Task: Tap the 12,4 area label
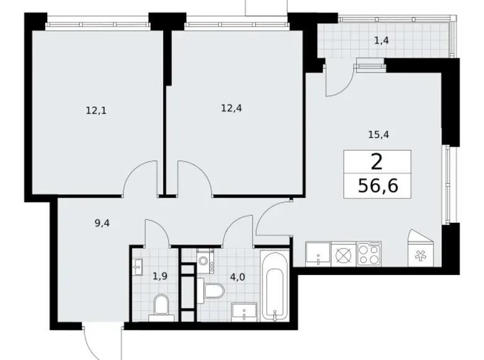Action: [x=231, y=107]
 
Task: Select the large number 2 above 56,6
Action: [x=376, y=162]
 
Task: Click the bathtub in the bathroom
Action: [x=274, y=286]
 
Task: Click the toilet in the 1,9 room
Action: [x=161, y=305]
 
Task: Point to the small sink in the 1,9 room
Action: [x=137, y=266]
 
